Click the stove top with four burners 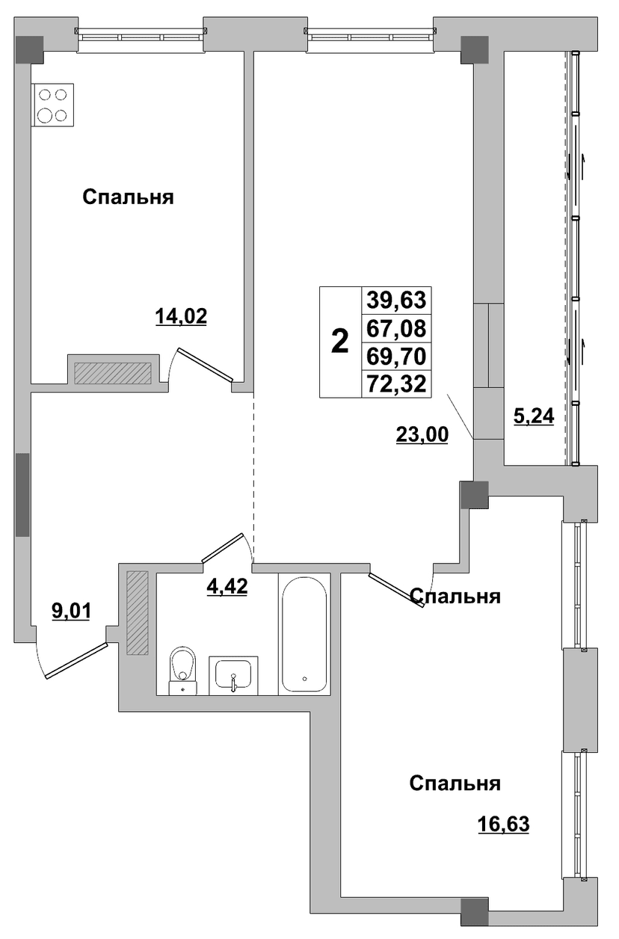coord(54,105)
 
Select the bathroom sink coord(233,675)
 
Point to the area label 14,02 coord(181,316)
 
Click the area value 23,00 coord(422,434)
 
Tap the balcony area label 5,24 coord(534,416)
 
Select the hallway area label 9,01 coord(71,612)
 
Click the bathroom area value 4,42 coord(227,586)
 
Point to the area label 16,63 coord(503,824)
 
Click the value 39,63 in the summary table coord(396,300)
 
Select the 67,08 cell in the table coord(396,327)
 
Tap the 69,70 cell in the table coord(396,356)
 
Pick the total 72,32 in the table coord(396,384)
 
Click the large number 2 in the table coord(340,341)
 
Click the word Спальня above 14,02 coord(128,197)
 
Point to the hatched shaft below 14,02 coord(113,373)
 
